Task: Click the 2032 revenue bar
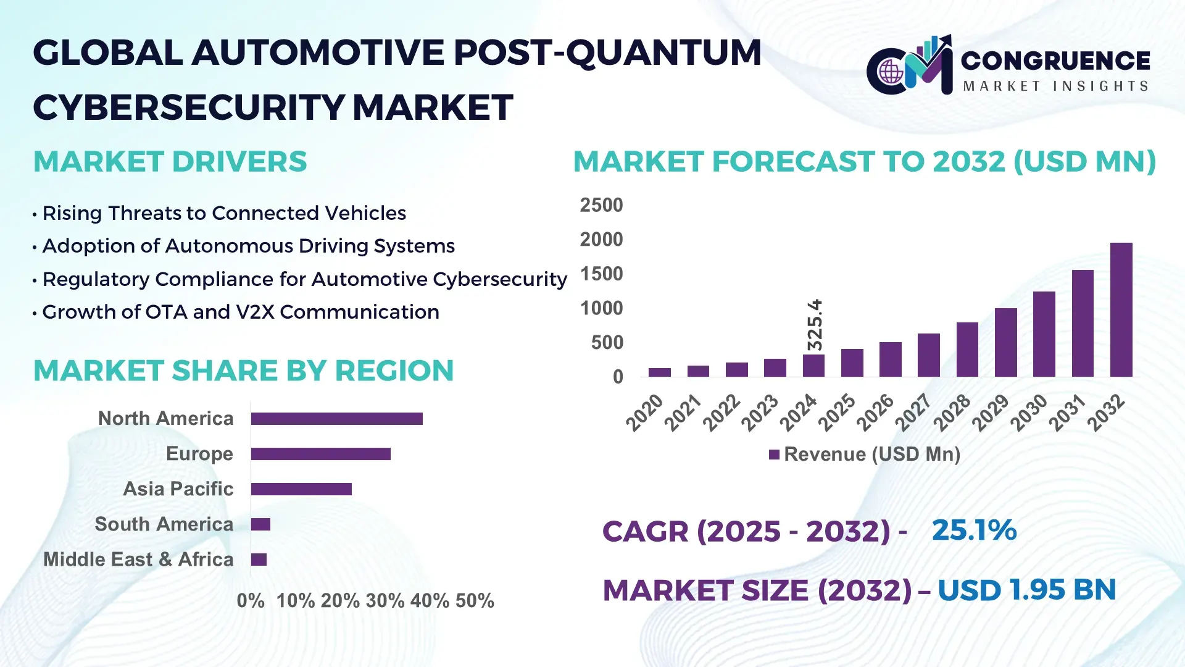coord(1121,310)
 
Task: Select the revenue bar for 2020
coord(659,372)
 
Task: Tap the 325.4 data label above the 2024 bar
coord(815,325)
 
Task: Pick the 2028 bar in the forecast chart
coord(967,350)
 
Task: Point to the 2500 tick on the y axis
coord(601,205)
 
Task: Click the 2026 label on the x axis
coord(876,412)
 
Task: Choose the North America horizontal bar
coord(336,419)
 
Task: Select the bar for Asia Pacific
coord(301,489)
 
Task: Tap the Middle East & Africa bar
coord(259,560)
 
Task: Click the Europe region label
coord(199,454)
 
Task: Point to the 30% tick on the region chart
coord(385,601)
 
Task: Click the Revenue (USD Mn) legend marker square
coord(774,455)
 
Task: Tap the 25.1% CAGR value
coord(973,531)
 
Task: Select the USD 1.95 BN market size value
coord(1026,590)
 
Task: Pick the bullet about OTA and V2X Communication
coord(240,313)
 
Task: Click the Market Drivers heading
coord(170,162)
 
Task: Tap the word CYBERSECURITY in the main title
coord(188,107)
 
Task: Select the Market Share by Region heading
coord(243,371)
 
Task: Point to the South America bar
coord(260,524)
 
